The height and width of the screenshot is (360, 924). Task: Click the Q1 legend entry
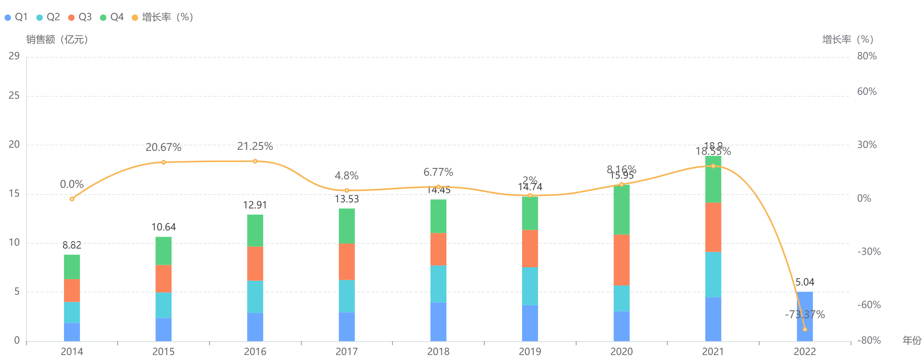click(x=16, y=17)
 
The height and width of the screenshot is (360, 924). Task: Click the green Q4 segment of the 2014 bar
click(x=72, y=267)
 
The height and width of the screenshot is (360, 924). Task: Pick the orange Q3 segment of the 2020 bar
click(x=621, y=260)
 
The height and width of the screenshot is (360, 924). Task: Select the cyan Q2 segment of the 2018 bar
click(x=438, y=284)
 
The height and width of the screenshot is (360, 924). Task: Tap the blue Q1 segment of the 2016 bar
click(x=255, y=327)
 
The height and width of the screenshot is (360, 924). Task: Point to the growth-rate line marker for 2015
click(x=164, y=162)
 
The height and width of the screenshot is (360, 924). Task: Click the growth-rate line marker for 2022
click(x=805, y=329)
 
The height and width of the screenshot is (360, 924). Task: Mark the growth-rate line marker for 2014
click(x=72, y=199)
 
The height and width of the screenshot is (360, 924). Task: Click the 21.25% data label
click(x=255, y=146)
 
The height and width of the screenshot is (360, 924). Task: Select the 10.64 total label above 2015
click(x=164, y=227)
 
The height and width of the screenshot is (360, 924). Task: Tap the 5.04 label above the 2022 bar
click(x=805, y=282)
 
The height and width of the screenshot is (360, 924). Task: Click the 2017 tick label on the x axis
click(x=347, y=351)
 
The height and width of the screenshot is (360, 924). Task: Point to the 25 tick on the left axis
click(x=14, y=96)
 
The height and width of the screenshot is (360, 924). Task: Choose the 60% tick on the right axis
click(x=866, y=92)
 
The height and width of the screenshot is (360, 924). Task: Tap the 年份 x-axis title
click(x=912, y=340)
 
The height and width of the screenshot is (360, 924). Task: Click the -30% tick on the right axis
click(x=869, y=251)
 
